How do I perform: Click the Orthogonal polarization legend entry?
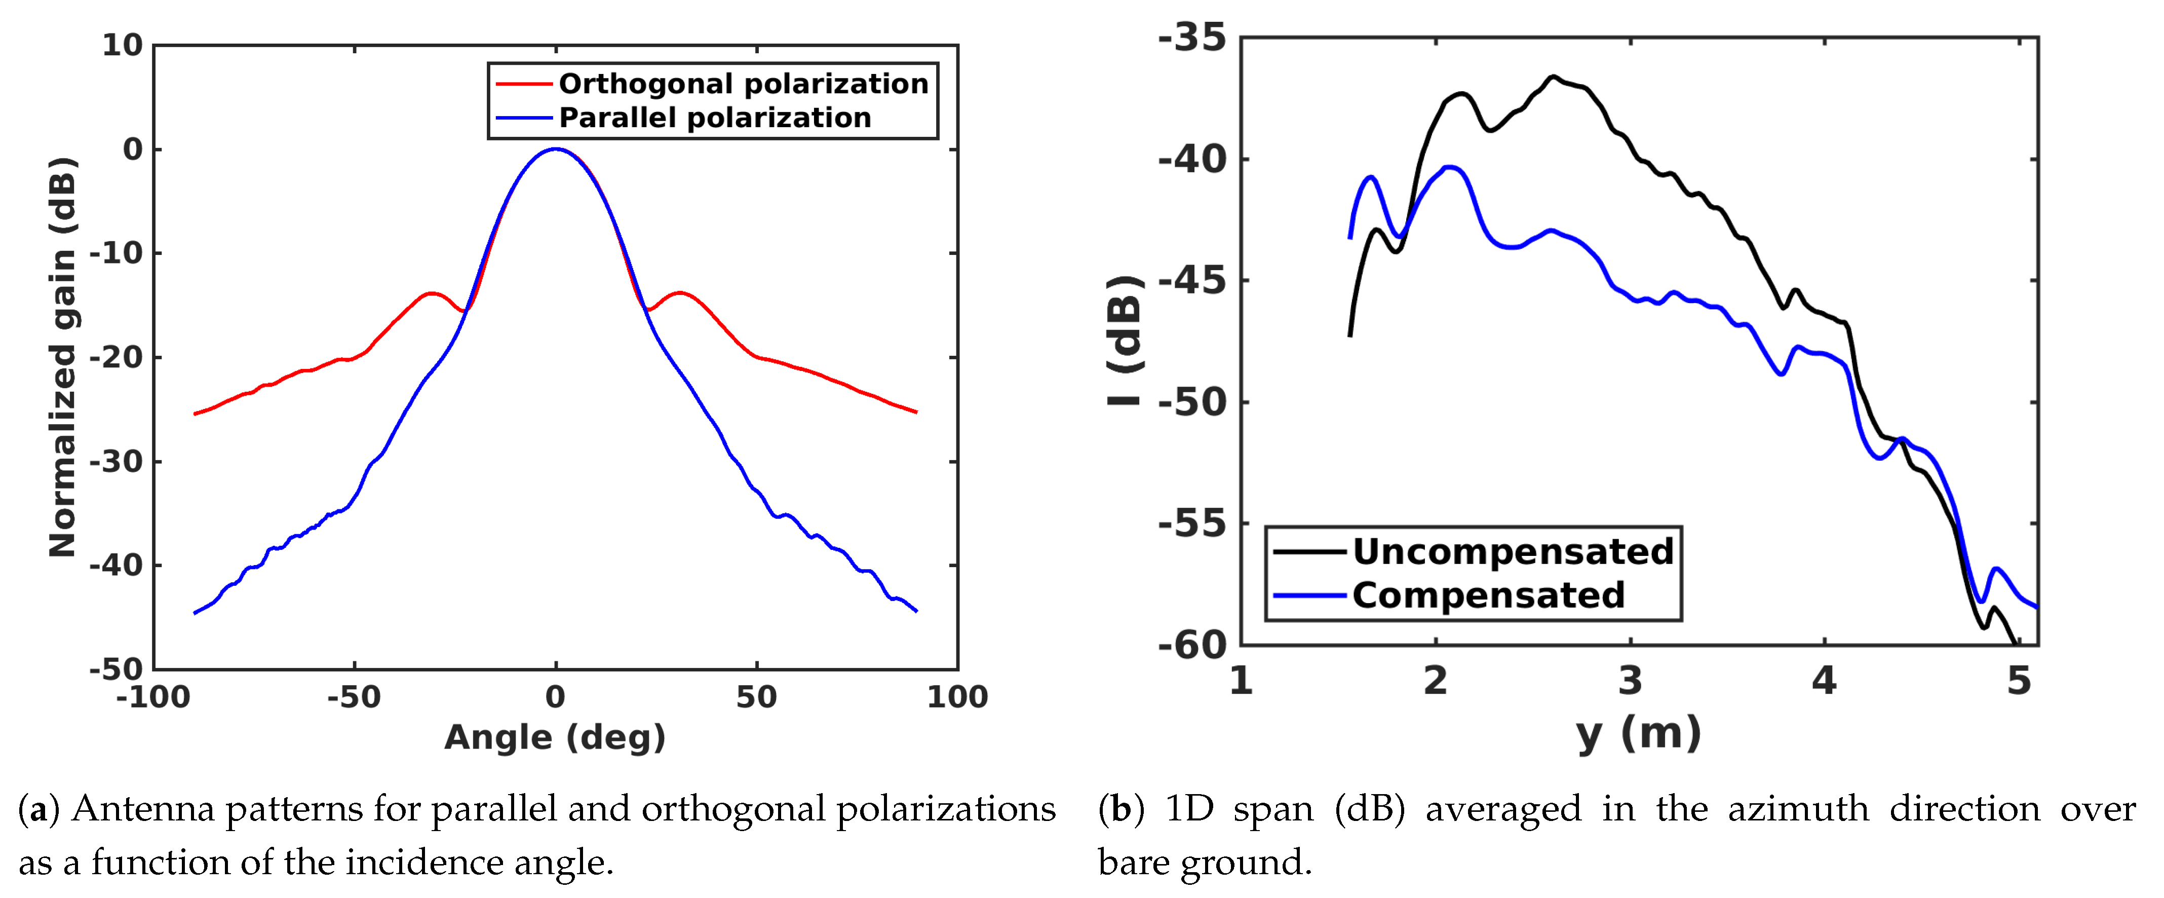743,84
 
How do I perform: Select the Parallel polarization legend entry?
714,118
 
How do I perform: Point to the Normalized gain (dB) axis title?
63,357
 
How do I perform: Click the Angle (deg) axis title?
555,737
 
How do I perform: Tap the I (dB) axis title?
1124,340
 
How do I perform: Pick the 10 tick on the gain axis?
123,46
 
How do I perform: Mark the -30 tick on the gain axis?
116,461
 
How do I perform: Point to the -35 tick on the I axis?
1192,39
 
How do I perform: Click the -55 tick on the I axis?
1192,524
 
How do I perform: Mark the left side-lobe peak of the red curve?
432,293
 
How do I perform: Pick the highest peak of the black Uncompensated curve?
1553,77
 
